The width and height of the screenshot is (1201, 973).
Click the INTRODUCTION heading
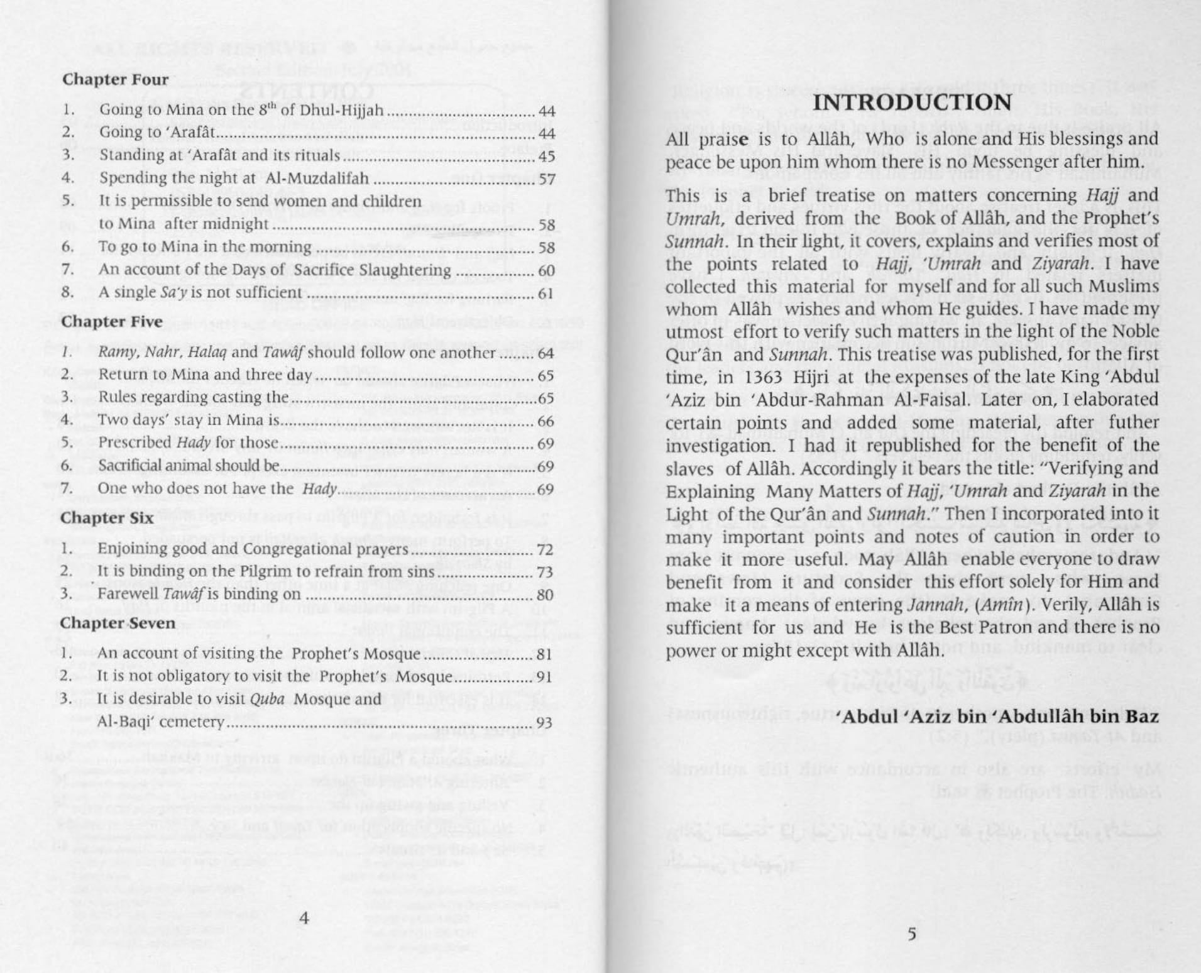[912, 103]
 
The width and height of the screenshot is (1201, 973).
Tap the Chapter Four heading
[115, 80]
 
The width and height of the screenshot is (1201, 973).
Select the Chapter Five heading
[112, 322]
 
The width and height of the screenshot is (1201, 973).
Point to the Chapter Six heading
[107, 519]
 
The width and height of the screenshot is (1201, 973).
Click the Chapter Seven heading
[118, 623]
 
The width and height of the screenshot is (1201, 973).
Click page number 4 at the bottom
[304, 918]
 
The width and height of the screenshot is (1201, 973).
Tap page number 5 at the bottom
[911, 934]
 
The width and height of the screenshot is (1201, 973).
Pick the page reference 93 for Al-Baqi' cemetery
[544, 723]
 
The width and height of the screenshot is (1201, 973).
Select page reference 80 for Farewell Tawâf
[545, 595]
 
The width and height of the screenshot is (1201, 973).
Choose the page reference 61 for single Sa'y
[546, 294]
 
